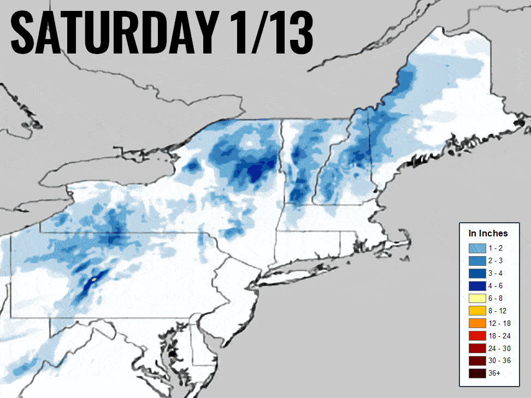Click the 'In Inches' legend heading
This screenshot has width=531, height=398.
click(488, 233)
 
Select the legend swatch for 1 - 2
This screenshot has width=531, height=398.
click(476, 248)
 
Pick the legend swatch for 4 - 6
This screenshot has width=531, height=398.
click(476, 286)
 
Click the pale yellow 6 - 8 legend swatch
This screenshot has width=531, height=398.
click(476, 298)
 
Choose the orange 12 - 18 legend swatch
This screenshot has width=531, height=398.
click(476, 323)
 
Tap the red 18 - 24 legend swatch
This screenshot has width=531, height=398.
click(476, 336)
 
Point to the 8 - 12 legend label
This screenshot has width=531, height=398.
click(499, 311)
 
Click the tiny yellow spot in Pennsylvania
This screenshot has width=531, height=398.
click(94, 279)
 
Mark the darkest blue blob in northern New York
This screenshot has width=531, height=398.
click(255, 173)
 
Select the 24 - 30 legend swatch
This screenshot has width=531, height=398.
click(476, 348)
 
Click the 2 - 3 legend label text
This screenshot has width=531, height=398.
click(497, 261)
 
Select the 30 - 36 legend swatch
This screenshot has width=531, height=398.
click(476, 361)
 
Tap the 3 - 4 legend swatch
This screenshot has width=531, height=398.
click(476, 273)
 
